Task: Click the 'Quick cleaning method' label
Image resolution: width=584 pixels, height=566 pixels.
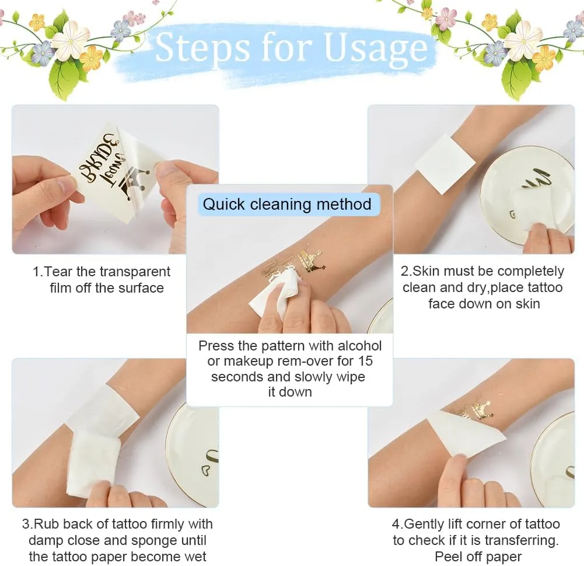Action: (x=287, y=204)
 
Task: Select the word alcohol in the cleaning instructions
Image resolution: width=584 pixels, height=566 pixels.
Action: (x=360, y=346)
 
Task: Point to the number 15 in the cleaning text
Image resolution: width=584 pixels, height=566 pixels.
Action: (x=365, y=361)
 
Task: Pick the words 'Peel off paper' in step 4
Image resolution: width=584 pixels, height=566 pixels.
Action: (x=478, y=557)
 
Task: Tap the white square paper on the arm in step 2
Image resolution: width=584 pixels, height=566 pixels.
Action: (x=445, y=165)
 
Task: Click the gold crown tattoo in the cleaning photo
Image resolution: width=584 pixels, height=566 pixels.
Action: (x=312, y=261)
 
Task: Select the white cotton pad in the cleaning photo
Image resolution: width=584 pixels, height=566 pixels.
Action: (x=274, y=294)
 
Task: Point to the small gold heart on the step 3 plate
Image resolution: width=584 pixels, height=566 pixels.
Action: (x=205, y=471)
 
